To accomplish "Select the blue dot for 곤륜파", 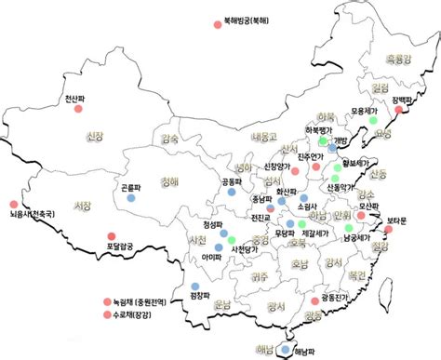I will pyautogui.click(x=131, y=198).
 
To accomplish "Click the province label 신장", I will pyautogui.click(x=93, y=138).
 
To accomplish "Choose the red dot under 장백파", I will pyautogui.click(x=401, y=111).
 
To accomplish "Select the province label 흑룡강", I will pyautogui.click(x=397, y=60).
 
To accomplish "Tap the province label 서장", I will pyautogui.click(x=83, y=206).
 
